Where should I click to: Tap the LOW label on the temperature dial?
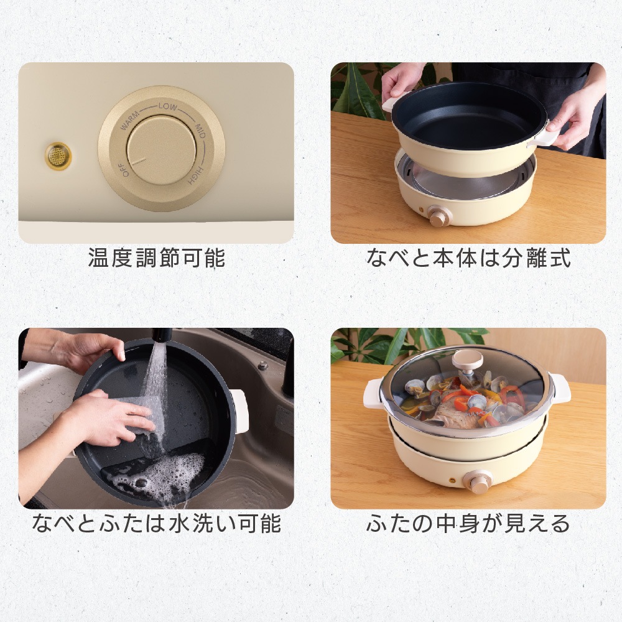(x=167, y=106)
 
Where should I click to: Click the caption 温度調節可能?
(x=156, y=258)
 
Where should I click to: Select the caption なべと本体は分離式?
(x=468, y=258)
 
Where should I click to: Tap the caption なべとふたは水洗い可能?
(x=156, y=523)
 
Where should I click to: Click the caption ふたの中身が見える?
(x=468, y=523)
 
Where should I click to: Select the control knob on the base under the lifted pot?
(x=441, y=217)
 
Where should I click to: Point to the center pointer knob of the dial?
(x=161, y=150)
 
